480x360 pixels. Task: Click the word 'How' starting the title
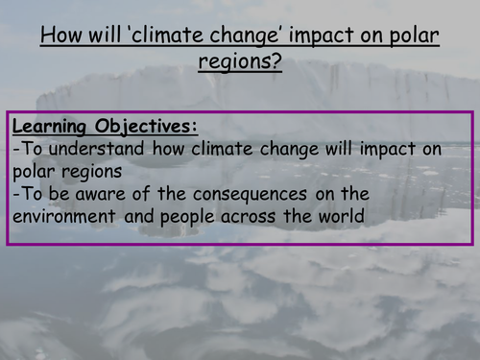tap(60, 38)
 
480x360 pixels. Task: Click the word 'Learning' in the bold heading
tap(51, 126)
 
